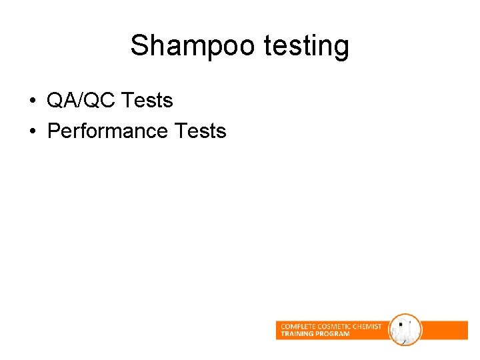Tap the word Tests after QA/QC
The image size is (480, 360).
click(148, 101)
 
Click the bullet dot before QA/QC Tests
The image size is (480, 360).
click(32, 102)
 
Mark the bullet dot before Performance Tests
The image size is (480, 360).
click(32, 131)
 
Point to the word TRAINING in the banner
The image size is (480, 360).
click(297, 333)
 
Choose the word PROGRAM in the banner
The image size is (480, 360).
click(333, 333)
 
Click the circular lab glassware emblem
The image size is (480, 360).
click(405, 330)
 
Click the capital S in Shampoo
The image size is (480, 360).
click(139, 46)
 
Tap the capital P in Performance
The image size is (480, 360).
click(53, 131)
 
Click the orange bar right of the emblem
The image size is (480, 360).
click(445, 330)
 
